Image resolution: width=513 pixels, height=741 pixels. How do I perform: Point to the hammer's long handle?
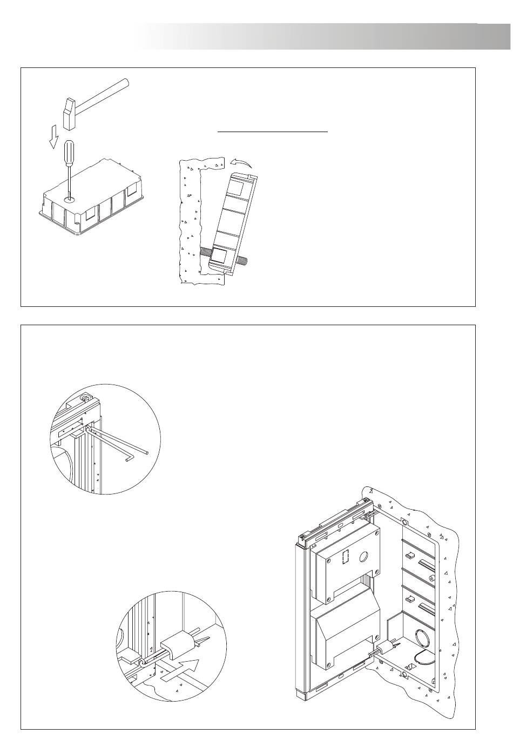(x=103, y=95)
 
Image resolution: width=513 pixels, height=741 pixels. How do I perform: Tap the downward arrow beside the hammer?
(x=53, y=139)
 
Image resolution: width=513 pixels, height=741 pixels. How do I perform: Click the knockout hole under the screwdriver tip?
(x=69, y=200)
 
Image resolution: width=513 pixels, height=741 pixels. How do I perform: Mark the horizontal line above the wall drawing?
(x=273, y=131)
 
